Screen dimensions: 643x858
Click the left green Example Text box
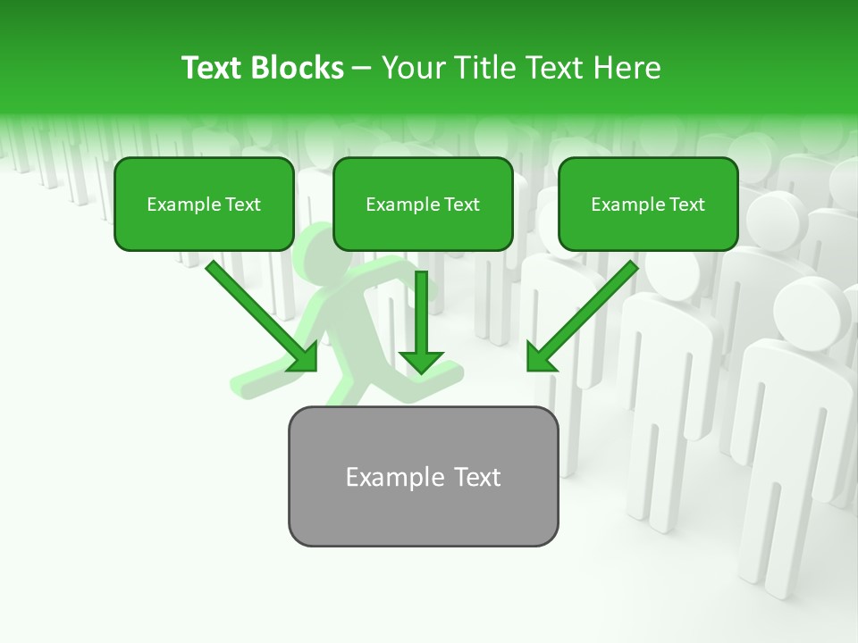(x=204, y=205)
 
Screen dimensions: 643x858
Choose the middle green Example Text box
(x=423, y=205)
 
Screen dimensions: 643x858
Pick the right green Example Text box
(x=648, y=205)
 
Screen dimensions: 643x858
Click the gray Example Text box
(x=423, y=477)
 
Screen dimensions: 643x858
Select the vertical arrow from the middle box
(x=421, y=313)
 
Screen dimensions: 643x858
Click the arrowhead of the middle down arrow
(x=421, y=361)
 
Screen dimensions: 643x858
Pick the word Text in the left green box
(x=243, y=205)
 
